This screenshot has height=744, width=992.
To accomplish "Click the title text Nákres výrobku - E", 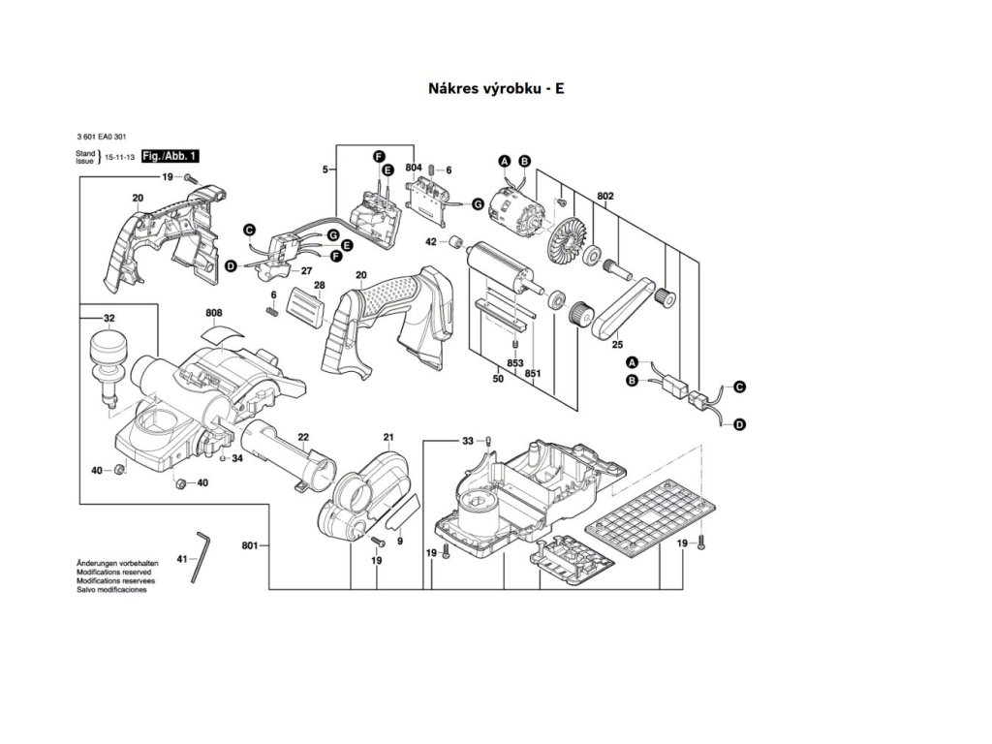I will pos(495,88).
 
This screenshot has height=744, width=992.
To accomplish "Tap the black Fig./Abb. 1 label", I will pos(170,156).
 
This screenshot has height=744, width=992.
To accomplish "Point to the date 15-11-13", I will pos(120,156).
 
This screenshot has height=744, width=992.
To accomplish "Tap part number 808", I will pos(214,313).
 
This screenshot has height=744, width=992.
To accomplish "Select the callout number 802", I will pos(606,196).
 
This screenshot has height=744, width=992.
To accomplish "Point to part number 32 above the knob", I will pos(108,319).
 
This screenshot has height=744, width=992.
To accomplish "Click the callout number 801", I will pos(250,546).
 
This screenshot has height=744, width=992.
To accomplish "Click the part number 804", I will pos(414,168).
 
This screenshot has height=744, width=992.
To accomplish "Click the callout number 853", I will pos(515,362).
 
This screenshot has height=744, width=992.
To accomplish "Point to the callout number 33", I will pos(468,441).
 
